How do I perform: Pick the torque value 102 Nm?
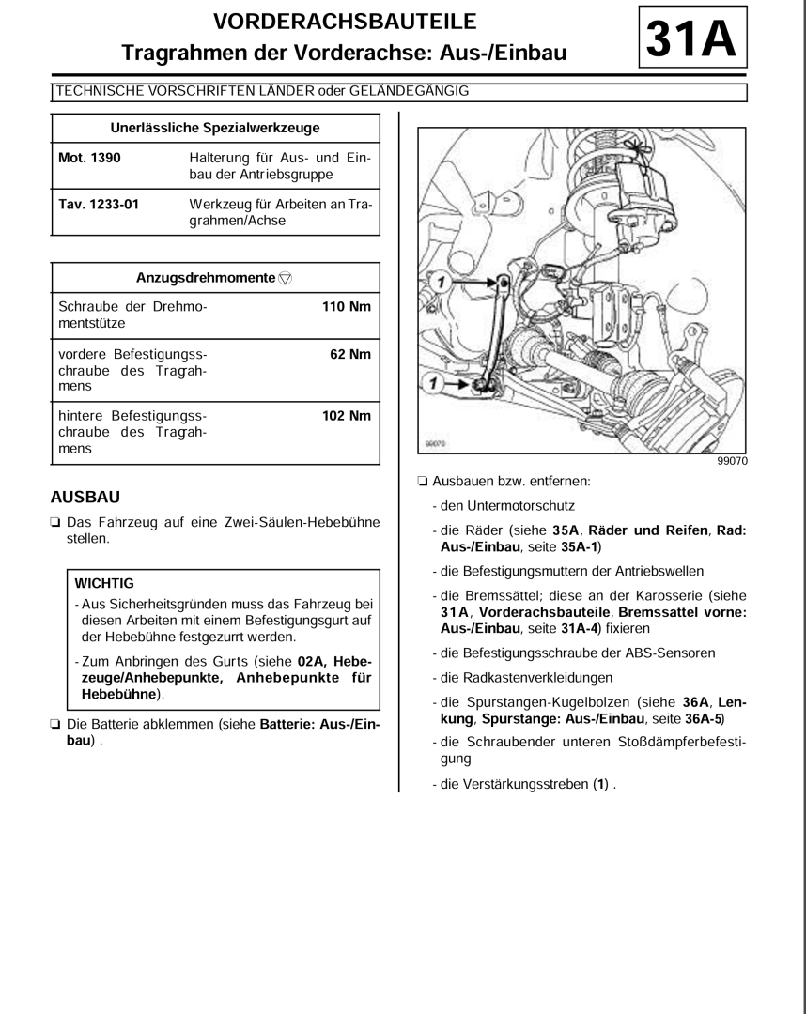(x=347, y=414)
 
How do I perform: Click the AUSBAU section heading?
(x=85, y=494)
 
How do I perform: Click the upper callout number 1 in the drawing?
(x=434, y=279)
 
